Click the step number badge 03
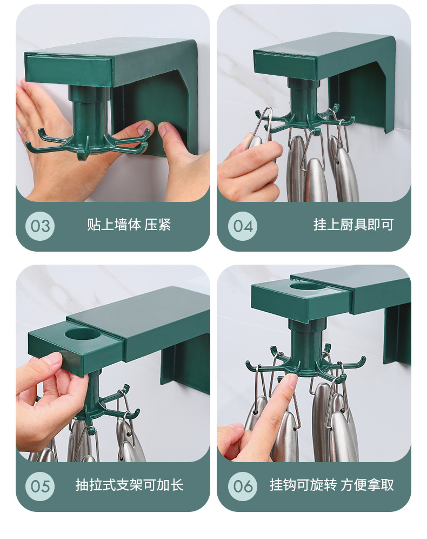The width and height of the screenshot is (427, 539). (x=40, y=226)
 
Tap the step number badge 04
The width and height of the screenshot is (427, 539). (x=243, y=226)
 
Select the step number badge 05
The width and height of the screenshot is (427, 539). (x=40, y=486)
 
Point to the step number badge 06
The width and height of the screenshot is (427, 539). (x=243, y=486)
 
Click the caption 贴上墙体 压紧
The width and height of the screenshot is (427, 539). (x=129, y=225)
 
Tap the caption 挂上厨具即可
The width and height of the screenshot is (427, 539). (x=353, y=225)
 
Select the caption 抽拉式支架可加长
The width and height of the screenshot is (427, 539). (x=129, y=485)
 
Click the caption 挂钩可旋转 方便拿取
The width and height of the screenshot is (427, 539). (x=331, y=485)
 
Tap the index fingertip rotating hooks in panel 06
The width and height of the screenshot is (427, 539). (x=291, y=379)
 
